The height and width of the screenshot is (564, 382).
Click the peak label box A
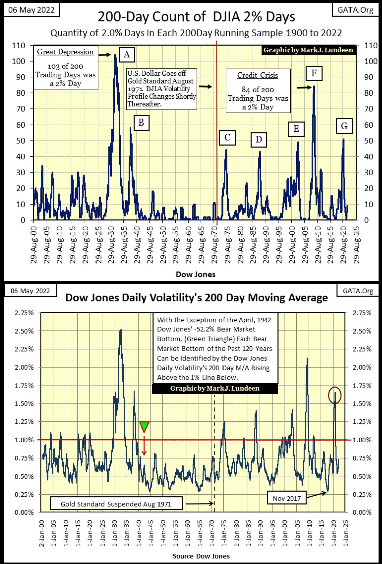[x=126, y=54]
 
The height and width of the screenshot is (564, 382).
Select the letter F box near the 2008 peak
[x=314, y=73]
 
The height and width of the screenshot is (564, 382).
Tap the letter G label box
[x=344, y=126]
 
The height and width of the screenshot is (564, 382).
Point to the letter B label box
[x=141, y=123]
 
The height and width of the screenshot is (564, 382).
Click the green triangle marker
[x=144, y=426]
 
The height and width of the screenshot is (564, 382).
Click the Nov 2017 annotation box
[x=286, y=498]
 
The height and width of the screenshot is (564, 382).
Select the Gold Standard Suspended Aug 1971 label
[x=116, y=504]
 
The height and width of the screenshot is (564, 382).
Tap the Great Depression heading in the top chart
[x=65, y=52]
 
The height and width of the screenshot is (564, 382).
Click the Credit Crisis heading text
[x=257, y=75]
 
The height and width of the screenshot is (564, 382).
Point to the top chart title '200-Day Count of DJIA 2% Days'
[x=196, y=17]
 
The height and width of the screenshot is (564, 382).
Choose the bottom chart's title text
[x=196, y=298]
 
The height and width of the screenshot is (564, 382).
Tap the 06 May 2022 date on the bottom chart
[x=30, y=290]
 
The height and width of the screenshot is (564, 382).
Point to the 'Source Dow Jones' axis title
[x=201, y=556]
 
